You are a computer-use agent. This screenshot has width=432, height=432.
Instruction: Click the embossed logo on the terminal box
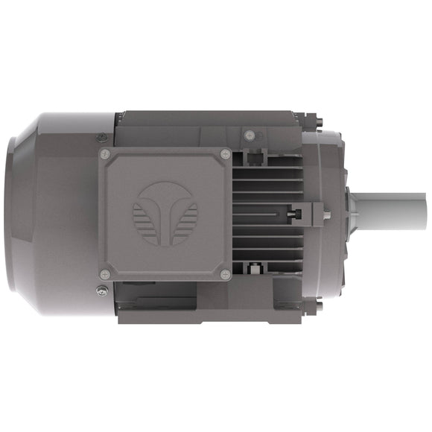[x=165, y=212]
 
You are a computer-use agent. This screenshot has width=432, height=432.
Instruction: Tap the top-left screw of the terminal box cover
[x=105, y=154]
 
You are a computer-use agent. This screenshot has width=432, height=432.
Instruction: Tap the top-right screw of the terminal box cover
[x=225, y=154]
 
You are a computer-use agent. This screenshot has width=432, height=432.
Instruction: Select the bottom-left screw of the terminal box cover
[x=105, y=274]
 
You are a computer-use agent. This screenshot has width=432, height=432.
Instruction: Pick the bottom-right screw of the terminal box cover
[x=225, y=274]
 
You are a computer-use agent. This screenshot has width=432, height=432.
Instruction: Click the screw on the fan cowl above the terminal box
[x=101, y=137]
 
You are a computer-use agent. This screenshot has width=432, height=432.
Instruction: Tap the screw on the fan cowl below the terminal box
[x=101, y=290]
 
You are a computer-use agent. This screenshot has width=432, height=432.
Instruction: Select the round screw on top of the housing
[x=249, y=135]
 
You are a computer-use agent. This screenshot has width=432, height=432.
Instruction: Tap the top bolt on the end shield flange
[x=319, y=119]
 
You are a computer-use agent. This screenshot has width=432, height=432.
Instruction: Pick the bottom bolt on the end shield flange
[x=319, y=305]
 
